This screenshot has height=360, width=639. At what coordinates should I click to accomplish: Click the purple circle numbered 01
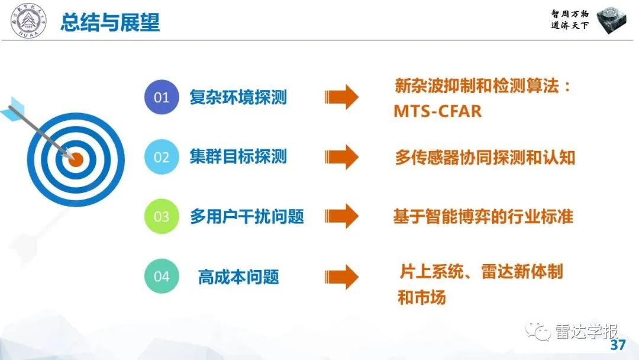pyautogui.click(x=162, y=97)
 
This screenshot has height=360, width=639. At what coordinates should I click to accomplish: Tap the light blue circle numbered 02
pyautogui.click(x=162, y=157)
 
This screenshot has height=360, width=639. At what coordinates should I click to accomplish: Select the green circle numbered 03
pyautogui.click(x=162, y=217)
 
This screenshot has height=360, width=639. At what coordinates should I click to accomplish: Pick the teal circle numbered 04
pyautogui.click(x=162, y=277)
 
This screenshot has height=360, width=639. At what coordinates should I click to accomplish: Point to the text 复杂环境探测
pyautogui.click(x=238, y=97)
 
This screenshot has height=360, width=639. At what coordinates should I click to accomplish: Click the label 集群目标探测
pyautogui.click(x=238, y=157)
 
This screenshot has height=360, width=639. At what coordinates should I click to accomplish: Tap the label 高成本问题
pyautogui.click(x=238, y=277)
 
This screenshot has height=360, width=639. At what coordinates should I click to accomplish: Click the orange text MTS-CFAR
pyautogui.click(x=437, y=111)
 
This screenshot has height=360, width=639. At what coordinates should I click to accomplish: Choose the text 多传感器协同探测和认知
pyautogui.click(x=485, y=157)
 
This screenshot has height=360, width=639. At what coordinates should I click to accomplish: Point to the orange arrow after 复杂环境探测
pyautogui.click(x=341, y=97)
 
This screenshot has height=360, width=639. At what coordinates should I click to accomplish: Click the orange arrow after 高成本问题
pyautogui.click(x=341, y=277)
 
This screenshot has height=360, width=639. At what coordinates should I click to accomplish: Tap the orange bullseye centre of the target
pyautogui.click(x=76, y=158)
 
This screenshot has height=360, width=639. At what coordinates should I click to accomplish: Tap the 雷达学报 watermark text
pyautogui.click(x=586, y=331)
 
